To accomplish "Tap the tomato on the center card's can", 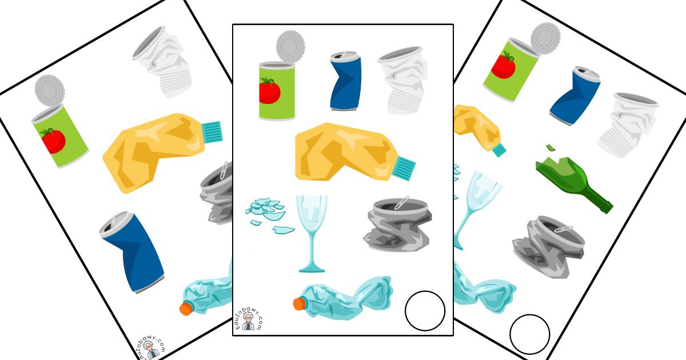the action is [269, 91].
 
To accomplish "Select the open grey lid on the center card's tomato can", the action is [290, 46].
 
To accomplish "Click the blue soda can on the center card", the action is [346, 81].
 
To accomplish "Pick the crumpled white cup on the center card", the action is [402, 80].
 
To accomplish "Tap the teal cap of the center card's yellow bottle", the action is [404, 168].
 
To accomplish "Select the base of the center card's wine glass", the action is [312, 269].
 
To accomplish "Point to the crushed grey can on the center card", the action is [397, 225].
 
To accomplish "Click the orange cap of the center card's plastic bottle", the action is [300, 303].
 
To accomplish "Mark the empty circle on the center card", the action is [425, 311].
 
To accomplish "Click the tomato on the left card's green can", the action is [53, 141].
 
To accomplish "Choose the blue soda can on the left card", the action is [131, 251].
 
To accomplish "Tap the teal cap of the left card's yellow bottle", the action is [212, 132].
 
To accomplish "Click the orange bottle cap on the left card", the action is [186, 308].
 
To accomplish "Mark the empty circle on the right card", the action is [530, 334].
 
